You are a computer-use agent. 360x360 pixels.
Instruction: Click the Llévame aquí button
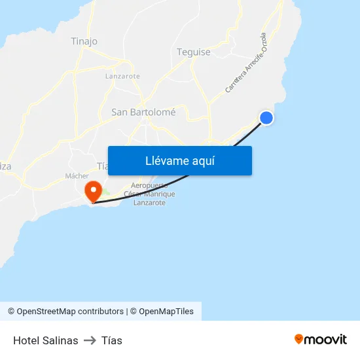[x=179, y=160]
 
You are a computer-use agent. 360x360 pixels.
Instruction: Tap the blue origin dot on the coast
[x=266, y=118]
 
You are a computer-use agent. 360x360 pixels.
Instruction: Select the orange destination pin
[x=94, y=190]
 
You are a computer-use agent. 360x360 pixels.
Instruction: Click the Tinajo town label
[x=84, y=41]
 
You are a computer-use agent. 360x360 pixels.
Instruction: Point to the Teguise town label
[x=194, y=52]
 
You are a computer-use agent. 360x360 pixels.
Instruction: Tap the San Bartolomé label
[x=143, y=112]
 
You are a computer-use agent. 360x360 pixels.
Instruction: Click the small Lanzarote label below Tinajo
[x=122, y=76]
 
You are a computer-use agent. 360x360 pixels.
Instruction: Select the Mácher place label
[x=77, y=176]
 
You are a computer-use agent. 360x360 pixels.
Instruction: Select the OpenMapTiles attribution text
[x=166, y=312]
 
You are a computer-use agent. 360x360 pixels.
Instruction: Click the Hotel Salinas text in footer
[x=46, y=340]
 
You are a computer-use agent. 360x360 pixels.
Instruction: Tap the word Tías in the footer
[x=112, y=340]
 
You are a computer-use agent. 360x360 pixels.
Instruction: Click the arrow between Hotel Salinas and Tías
[x=90, y=340]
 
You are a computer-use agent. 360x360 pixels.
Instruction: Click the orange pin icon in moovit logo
[x=299, y=339]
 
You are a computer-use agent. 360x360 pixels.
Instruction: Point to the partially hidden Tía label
[x=102, y=166]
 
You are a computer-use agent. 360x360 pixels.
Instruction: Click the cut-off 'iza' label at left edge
[x=5, y=166]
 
